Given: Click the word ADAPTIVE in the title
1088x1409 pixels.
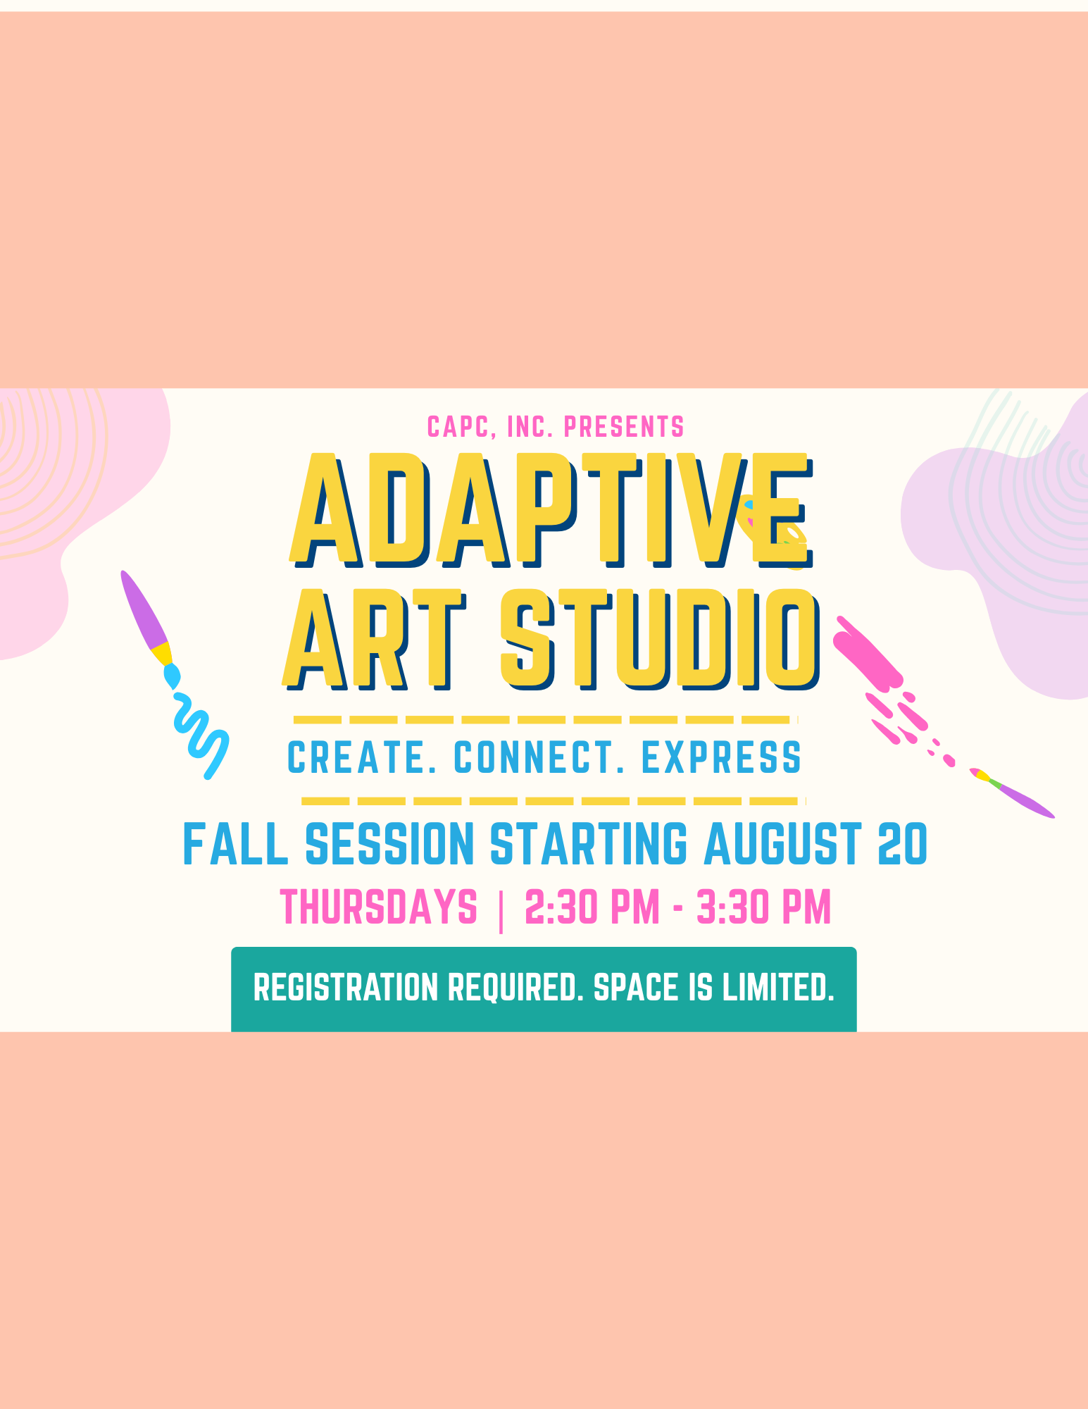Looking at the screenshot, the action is click(x=551, y=510).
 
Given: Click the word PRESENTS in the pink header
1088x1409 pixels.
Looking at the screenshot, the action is click(x=624, y=426).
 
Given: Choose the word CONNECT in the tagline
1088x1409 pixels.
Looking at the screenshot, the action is click(x=539, y=757).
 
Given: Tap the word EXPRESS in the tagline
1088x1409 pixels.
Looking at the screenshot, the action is click(x=722, y=757).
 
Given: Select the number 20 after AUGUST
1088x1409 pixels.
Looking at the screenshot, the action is click(x=903, y=843).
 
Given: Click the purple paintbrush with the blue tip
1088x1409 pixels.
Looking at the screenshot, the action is click(x=149, y=628).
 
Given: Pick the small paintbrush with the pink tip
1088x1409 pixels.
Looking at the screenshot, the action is click(x=1011, y=793).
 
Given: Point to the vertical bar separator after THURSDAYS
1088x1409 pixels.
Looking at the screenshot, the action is click(x=501, y=910).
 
